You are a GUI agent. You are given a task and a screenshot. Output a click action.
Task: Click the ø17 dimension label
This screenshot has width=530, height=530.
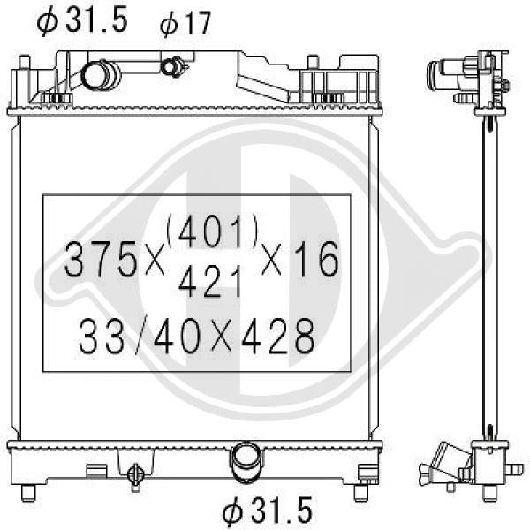[185, 24]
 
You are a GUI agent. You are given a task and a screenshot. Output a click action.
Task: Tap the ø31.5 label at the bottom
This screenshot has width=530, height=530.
[267, 511]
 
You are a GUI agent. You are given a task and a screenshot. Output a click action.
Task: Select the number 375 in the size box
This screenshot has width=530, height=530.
[101, 259]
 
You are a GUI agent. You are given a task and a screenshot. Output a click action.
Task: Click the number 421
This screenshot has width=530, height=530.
[210, 281]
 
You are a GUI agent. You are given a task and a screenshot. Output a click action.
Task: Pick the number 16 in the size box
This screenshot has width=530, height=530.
[318, 259]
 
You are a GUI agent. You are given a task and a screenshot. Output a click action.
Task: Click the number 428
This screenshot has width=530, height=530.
[278, 336]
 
